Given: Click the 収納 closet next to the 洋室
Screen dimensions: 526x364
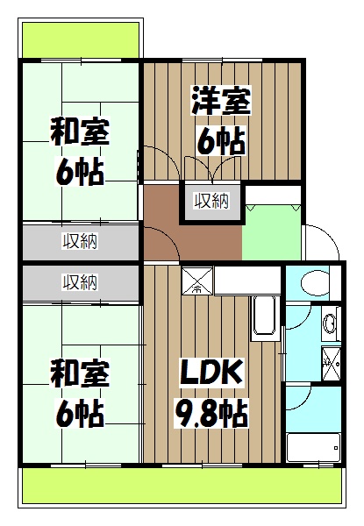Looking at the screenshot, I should tap(211, 202).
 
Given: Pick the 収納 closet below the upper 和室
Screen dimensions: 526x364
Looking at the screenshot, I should tap(80, 240).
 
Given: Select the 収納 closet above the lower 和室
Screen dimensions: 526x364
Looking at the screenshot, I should tap(80, 281).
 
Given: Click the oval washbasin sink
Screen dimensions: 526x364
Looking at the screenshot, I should tap(329, 323).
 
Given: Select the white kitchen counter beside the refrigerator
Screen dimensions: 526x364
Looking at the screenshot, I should tap(248, 281).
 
